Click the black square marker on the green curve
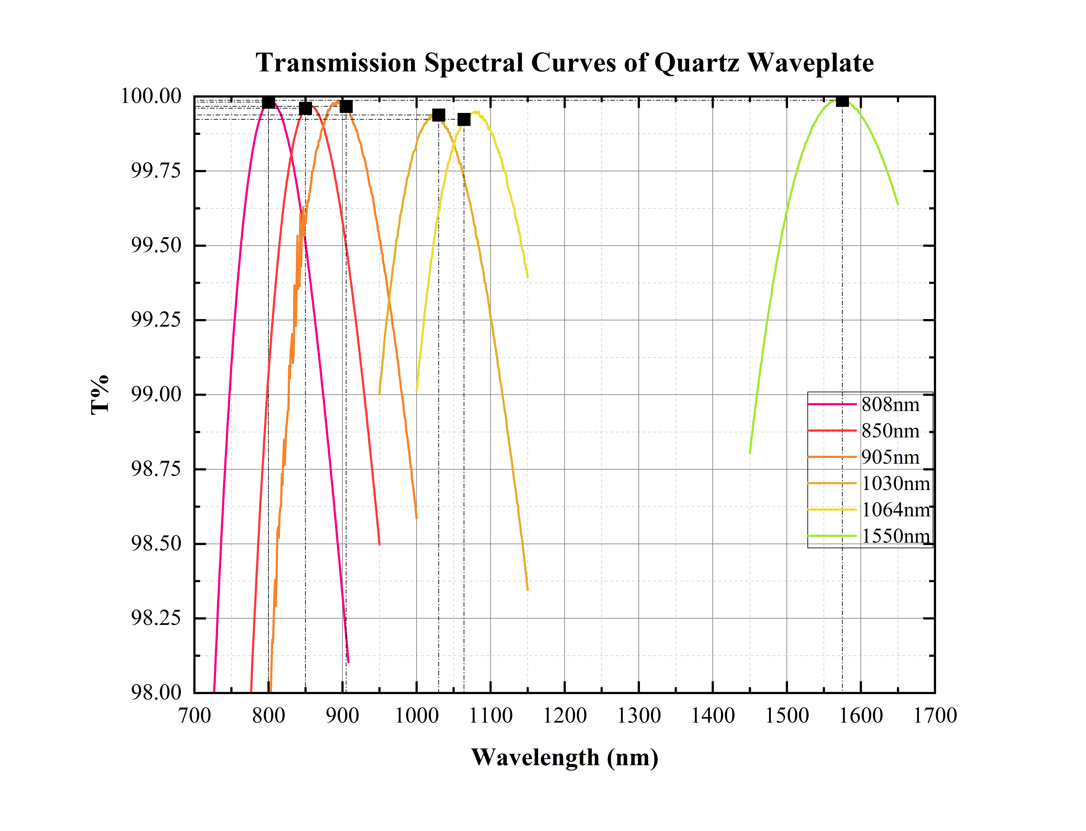(842, 100)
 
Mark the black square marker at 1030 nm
(438, 115)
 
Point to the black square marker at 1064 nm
(464, 119)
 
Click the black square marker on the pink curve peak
(268, 102)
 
